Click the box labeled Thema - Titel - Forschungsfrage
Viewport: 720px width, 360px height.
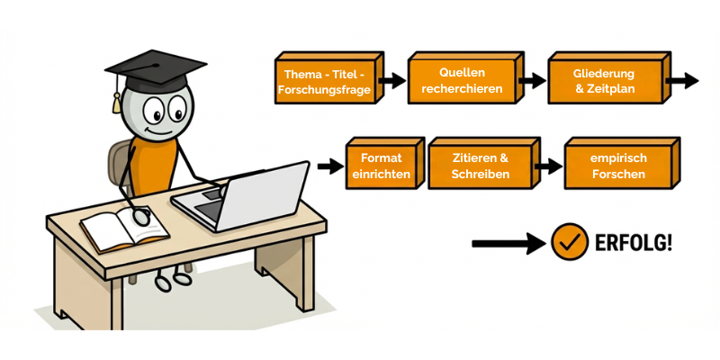(x=324, y=82)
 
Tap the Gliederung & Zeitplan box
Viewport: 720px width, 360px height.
(x=604, y=82)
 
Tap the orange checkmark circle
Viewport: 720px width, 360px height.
(x=570, y=242)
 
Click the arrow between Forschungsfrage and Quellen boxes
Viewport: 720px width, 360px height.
(x=392, y=81)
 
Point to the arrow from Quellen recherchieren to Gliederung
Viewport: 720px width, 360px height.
(x=532, y=81)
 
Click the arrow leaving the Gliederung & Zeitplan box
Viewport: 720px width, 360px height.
(x=684, y=81)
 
